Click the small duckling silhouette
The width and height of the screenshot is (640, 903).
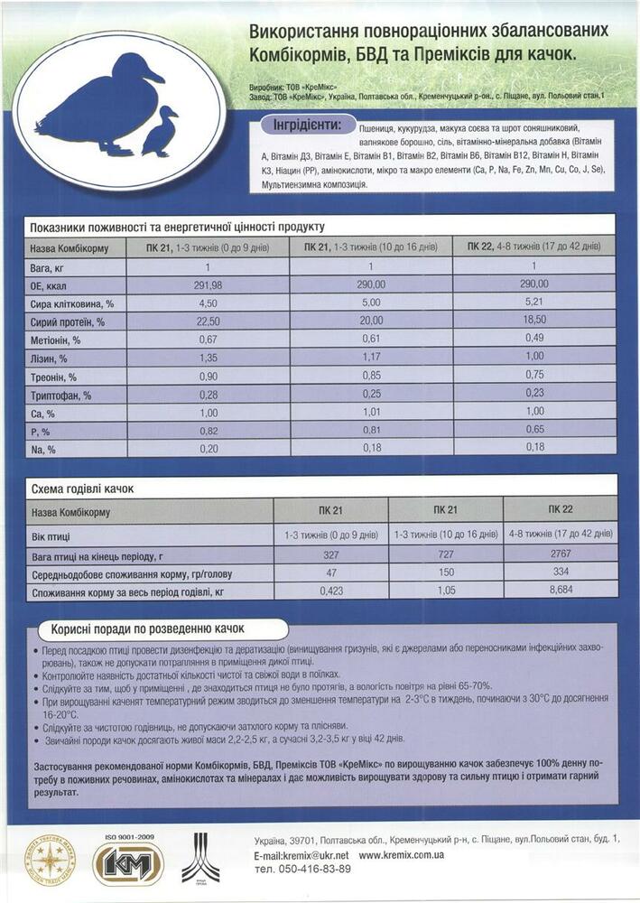[x=160, y=132]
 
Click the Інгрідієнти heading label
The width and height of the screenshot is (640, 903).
[x=307, y=125]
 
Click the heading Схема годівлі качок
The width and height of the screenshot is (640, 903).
[x=82, y=489]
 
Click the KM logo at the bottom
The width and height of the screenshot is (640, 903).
[x=129, y=862]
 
